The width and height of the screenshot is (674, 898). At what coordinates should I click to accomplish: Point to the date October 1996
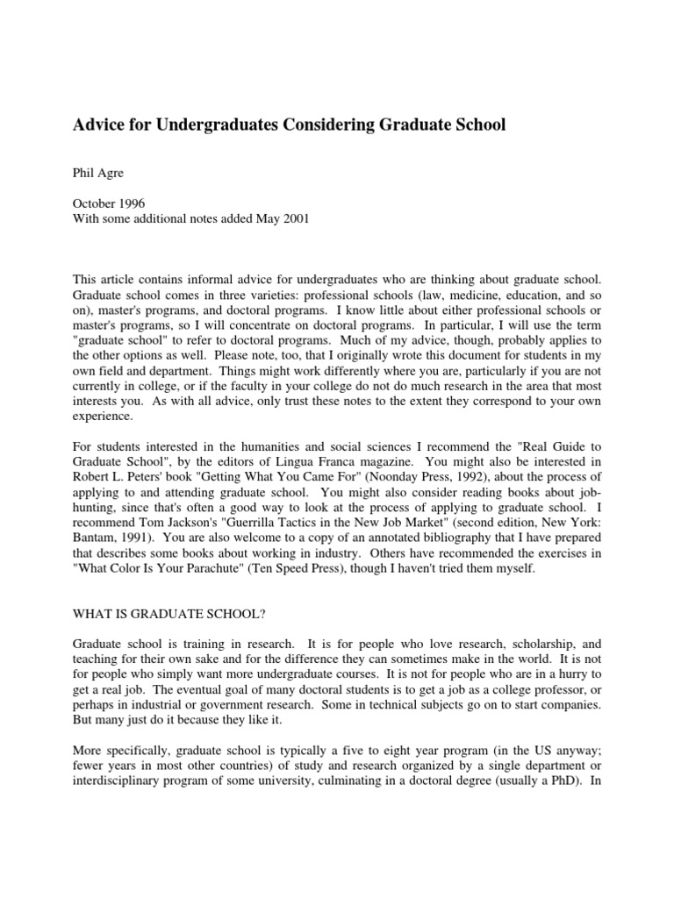click(x=108, y=203)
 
